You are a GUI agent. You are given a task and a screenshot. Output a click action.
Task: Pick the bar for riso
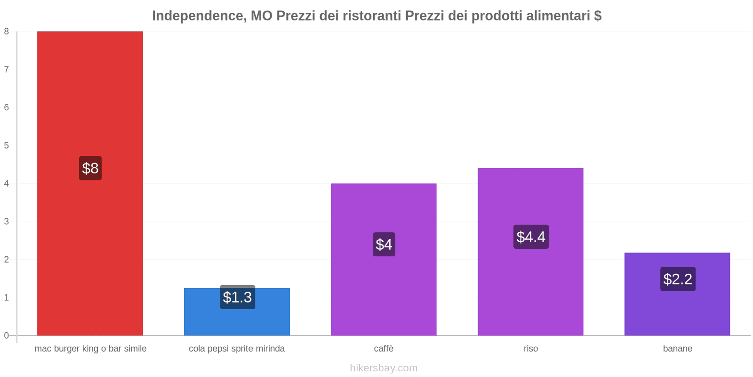tap(530, 283)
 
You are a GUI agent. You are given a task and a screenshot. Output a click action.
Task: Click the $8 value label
tap(90, 168)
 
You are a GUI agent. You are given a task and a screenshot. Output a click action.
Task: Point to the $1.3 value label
tap(237, 297)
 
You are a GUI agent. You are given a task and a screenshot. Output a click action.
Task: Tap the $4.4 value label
tap(531, 237)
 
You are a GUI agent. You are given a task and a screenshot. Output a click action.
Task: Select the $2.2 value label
tap(678, 279)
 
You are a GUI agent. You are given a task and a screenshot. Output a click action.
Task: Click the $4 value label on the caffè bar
tap(384, 244)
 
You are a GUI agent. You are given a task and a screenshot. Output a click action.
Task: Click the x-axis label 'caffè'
tap(384, 349)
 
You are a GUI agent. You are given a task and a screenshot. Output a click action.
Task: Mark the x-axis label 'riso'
tap(531, 349)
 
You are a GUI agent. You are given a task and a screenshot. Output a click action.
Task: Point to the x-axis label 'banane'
tap(678, 349)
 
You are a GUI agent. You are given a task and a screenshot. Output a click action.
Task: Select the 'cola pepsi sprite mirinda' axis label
tap(237, 349)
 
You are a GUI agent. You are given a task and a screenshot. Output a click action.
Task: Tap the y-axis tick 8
tap(7, 32)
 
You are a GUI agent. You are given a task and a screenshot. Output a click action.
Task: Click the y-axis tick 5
tap(7, 146)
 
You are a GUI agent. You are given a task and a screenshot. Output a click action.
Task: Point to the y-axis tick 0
tap(7, 336)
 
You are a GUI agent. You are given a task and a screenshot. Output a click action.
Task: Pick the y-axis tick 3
tap(7, 221)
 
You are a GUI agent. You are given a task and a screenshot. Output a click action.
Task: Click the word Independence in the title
tap(197, 16)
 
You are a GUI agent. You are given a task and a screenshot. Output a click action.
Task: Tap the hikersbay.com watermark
tap(384, 368)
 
